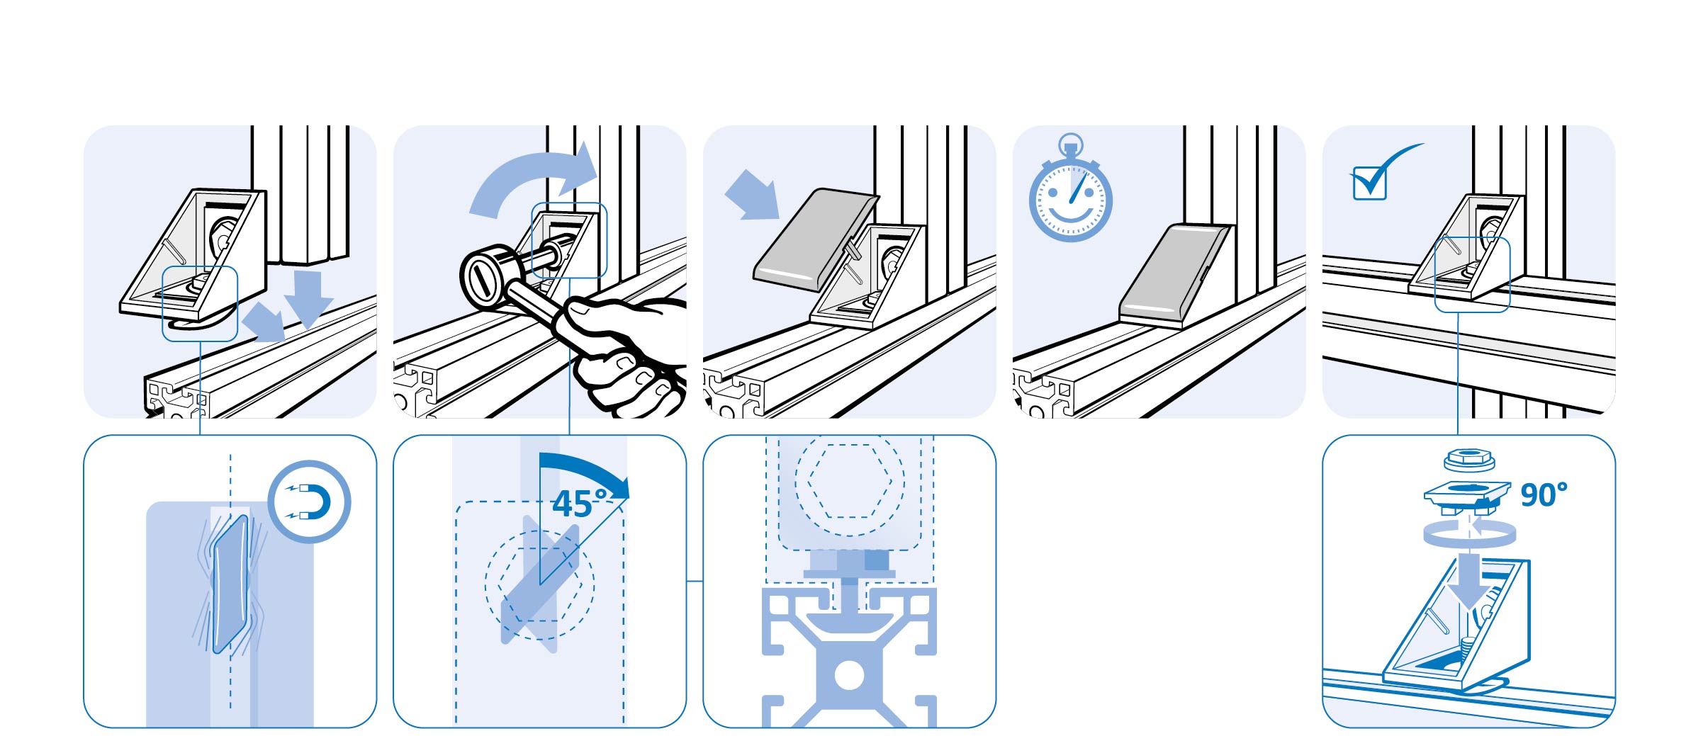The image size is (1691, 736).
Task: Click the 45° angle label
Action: (x=580, y=504)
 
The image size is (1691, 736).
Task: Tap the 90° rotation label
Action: (x=1544, y=495)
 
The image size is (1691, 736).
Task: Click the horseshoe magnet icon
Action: (x=310, y=502)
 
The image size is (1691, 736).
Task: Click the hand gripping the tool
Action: (x=624, y=354)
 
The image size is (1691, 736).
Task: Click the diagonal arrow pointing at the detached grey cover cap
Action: (x=752, y=194)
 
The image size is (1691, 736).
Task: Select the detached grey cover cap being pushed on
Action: (x=815, y=239)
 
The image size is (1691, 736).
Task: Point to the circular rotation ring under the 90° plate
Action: (x=1469, y=533)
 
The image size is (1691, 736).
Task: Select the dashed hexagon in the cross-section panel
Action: (x=850, y=482)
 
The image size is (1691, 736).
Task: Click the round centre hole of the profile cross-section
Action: (x=849, y=675)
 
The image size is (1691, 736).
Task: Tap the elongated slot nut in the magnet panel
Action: (x=230, y=582)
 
